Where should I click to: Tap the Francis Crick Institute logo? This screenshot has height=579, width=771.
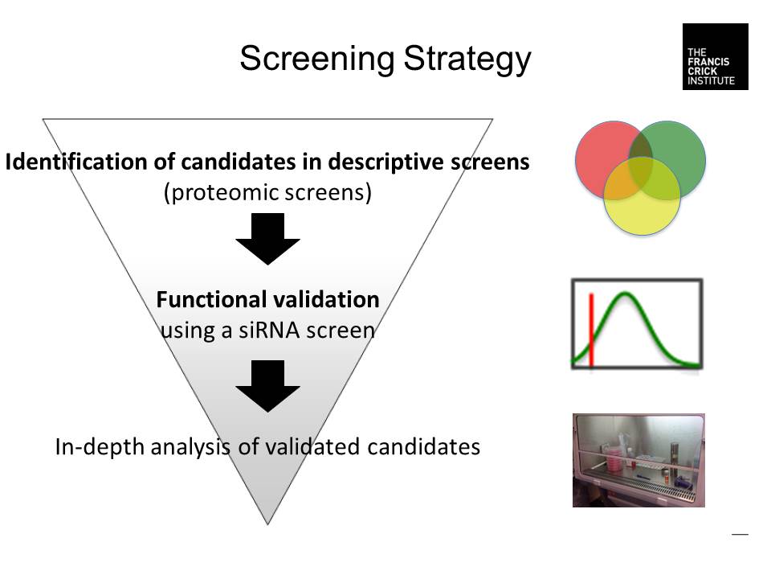[x=715, y=56]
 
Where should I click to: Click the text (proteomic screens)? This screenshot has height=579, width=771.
[x=267, y=193]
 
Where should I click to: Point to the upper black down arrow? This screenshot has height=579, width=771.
[x=267, y=240]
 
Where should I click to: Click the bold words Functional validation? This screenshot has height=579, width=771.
[x=267, y=300]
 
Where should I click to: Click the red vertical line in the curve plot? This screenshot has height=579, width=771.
[x=591, y=330]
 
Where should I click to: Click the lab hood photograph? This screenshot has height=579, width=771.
[x=638, y=460]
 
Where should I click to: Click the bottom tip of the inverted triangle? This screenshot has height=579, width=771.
[x=267, y=523]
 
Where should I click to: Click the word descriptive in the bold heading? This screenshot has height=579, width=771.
[x=390, y=162]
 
